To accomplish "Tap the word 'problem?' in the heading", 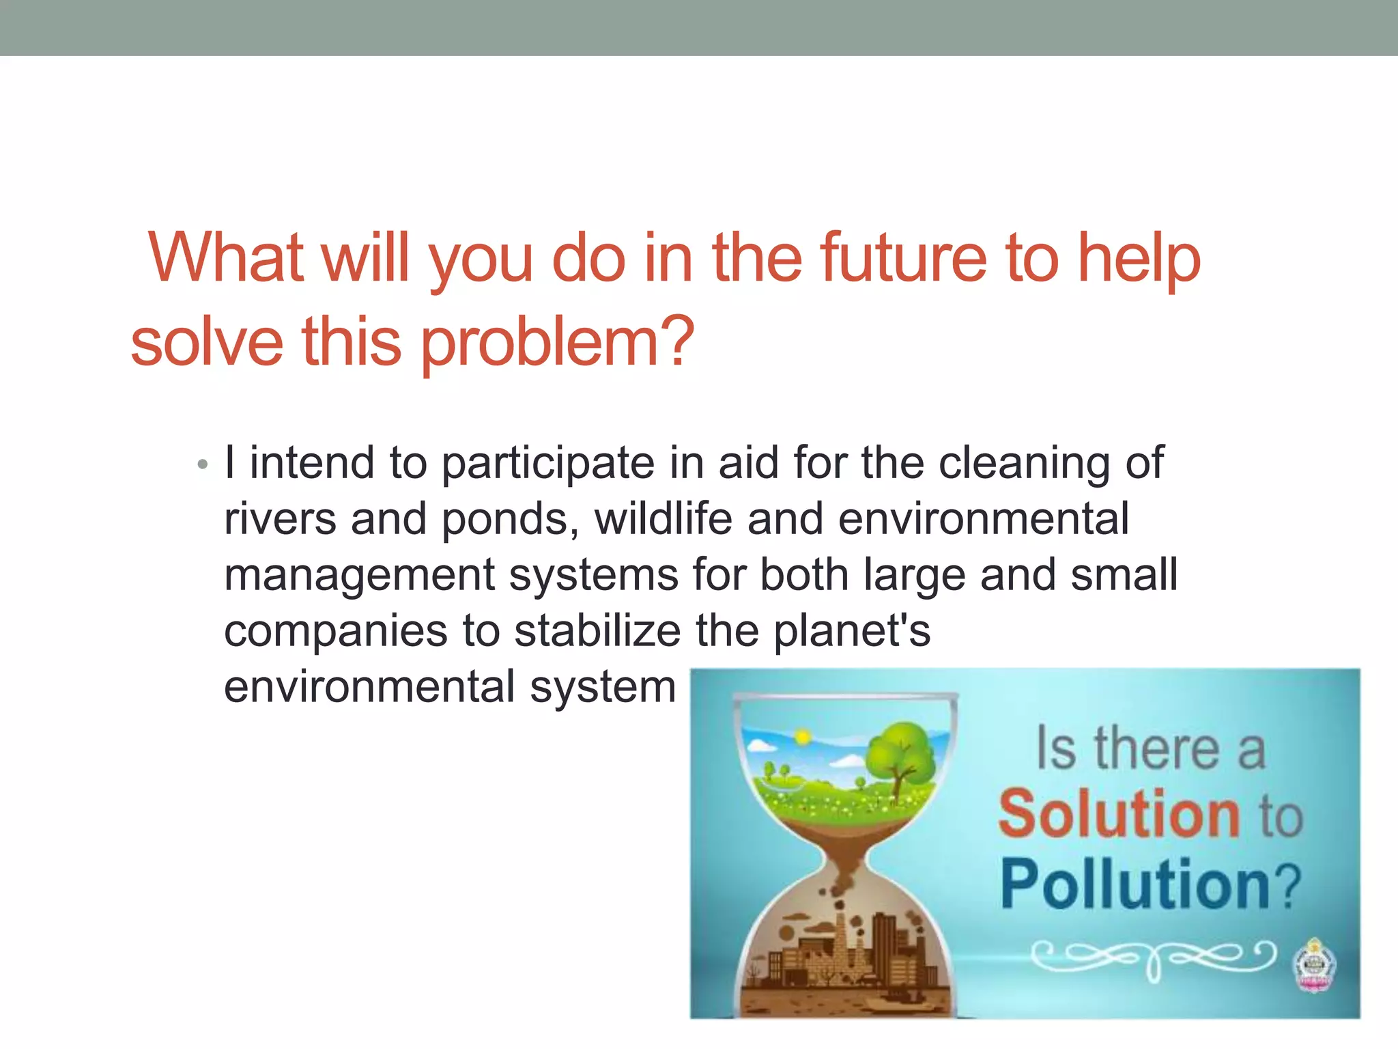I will point(557,342).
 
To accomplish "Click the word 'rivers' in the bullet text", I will point(280,519).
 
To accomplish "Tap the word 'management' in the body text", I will point(359,575).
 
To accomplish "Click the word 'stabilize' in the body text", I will point(597,631).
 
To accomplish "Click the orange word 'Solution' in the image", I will point(1119,813).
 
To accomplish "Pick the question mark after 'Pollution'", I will point(1287,886).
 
